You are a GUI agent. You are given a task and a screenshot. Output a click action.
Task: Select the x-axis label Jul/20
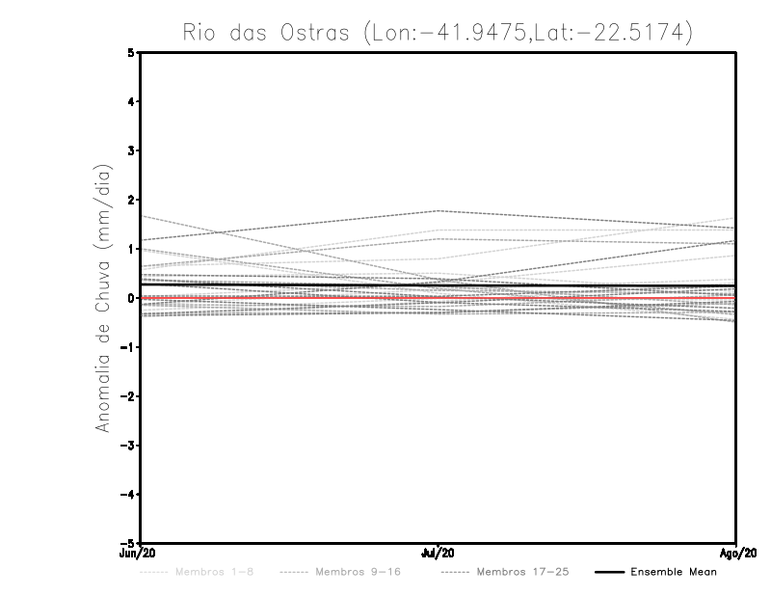click(x=439, y=553)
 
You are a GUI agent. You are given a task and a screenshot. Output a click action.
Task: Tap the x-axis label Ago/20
click(x=736, y=553)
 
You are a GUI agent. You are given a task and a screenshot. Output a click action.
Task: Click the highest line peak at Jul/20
click(x=439, y=210)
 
